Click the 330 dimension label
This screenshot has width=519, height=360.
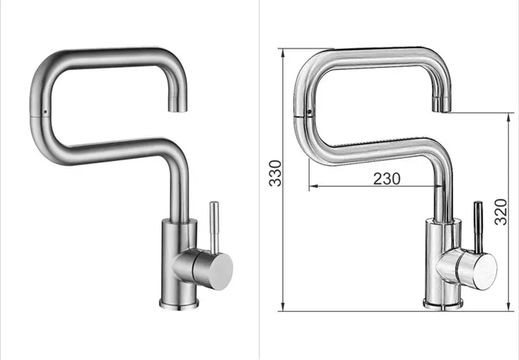[x=275, y=173]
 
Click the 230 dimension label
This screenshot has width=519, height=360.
[x=387, y=178]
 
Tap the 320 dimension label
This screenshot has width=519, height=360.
[x=501, y=211]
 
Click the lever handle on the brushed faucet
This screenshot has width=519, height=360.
[x=215, y=227]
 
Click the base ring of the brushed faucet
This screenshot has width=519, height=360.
[x=179, y=304]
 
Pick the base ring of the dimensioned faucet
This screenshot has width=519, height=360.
[x=443, y=304]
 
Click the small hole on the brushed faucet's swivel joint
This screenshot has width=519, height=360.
[x=45, y=112]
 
